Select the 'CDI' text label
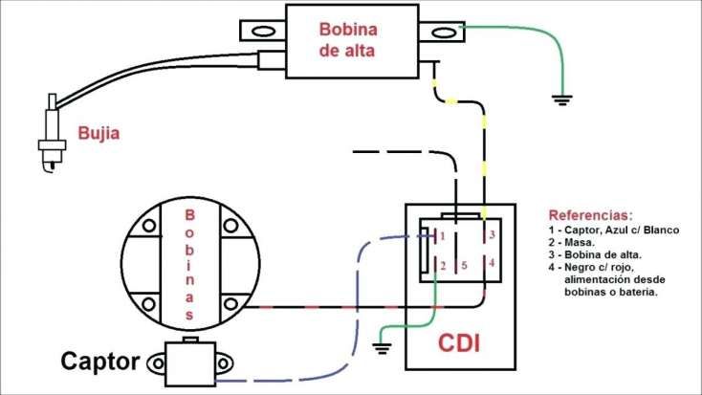coord(459,341)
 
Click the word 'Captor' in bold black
coord(102,362)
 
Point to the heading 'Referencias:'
coord(590,215)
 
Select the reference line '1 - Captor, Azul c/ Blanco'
coord(613,230)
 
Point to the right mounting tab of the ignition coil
coord(441,33)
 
